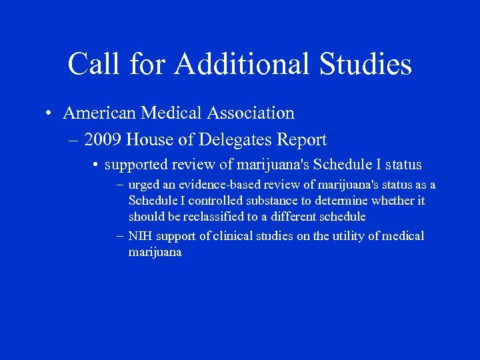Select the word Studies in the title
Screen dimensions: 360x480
[367, 65]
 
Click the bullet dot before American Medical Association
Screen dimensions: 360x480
[50, 113]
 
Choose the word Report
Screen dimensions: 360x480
[303, 140]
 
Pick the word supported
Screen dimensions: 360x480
[137, 165]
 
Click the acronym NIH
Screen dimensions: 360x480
[140, 237]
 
